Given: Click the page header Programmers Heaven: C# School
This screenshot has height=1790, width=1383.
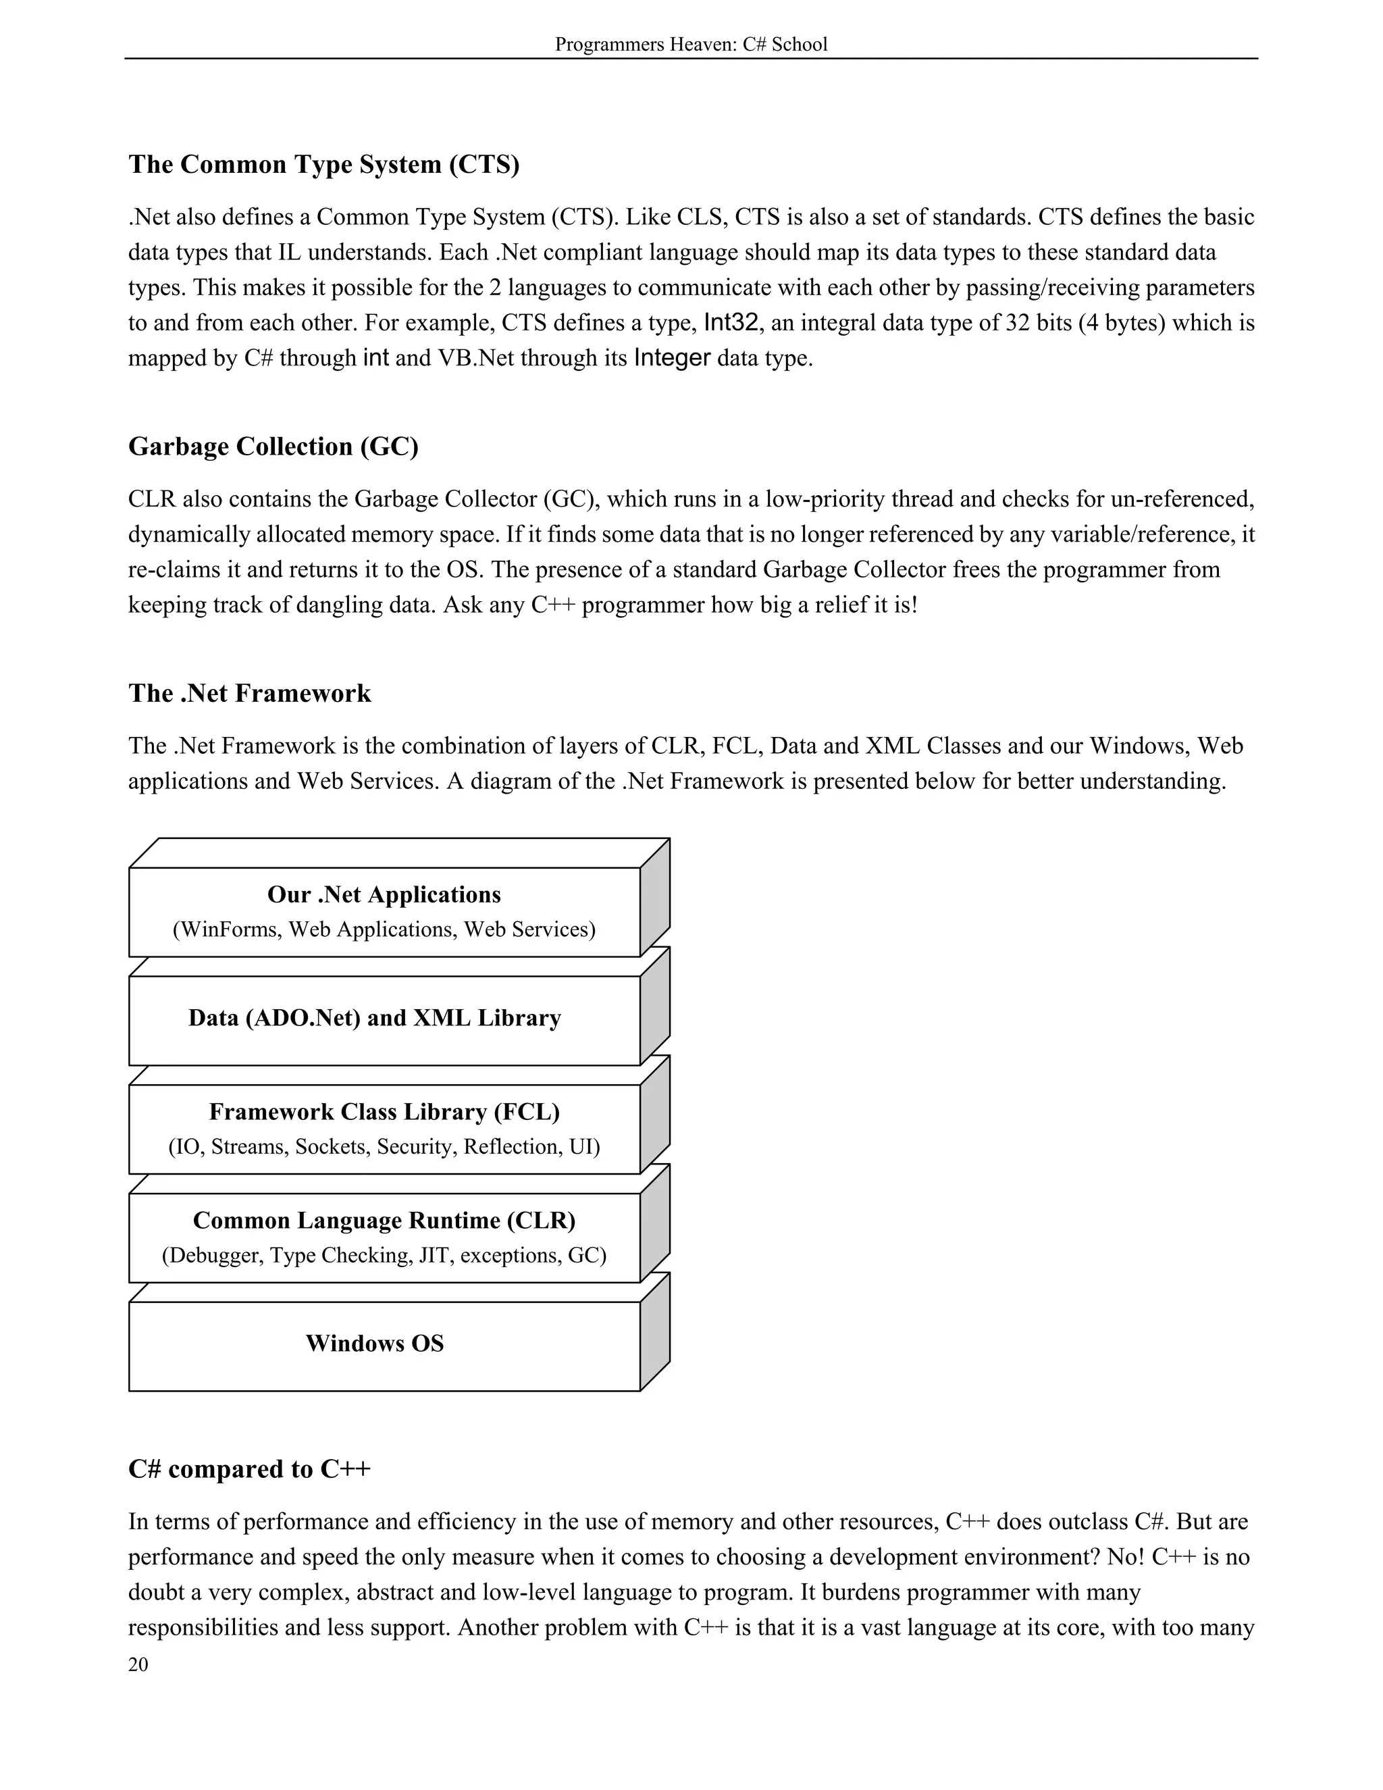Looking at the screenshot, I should click(691, 45).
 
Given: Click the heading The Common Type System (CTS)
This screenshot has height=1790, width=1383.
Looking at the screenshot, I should click(323, 165).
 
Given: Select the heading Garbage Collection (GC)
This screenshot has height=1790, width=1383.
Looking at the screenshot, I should click(273, 446).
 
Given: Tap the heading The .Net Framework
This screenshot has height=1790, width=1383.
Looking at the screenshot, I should click(249, 694).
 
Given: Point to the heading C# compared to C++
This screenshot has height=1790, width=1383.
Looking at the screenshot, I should click(249, 1468).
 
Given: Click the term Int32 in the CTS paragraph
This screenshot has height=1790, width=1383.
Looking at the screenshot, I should click(731, 323).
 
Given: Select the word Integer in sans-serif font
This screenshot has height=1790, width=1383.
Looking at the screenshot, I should click(672, 358).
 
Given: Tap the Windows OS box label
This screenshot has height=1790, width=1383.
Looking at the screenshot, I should click(374, 1344).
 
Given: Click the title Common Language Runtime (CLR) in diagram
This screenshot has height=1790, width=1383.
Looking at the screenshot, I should click(384, 1221).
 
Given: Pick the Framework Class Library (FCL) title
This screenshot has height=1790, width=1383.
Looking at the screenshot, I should click(384, 1111).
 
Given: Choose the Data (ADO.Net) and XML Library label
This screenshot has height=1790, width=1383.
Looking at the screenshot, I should click(374, 1018).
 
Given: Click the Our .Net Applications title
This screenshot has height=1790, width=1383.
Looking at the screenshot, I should click(384, 894).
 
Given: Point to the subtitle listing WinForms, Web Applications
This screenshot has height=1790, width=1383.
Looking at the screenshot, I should click(384, 929).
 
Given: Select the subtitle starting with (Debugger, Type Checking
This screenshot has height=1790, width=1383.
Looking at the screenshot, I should click(384, 1256).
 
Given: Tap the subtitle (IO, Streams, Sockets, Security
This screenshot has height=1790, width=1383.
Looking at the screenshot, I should click(384, 1147).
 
